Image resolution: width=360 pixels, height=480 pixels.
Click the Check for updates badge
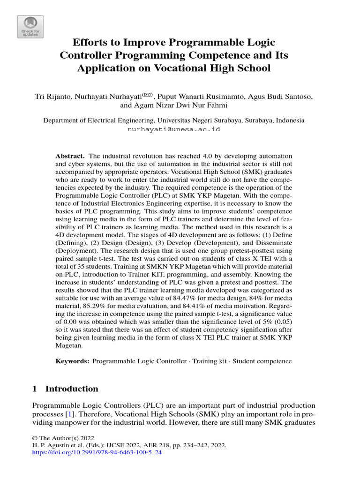[30, 27]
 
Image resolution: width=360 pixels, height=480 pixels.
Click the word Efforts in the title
[90, 43]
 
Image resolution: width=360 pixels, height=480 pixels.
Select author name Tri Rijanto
[54, 97]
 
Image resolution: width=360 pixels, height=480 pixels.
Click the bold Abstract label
[70, 156]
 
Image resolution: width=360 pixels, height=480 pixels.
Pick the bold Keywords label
[73, 361]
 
